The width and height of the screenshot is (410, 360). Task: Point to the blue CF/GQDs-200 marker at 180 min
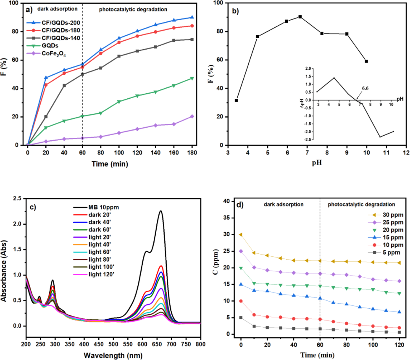pos(192,17)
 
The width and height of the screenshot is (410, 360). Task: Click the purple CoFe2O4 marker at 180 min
pos(192,116)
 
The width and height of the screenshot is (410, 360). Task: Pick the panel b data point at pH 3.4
pos(237,100)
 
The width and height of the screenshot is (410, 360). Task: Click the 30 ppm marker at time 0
pos(241,235)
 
